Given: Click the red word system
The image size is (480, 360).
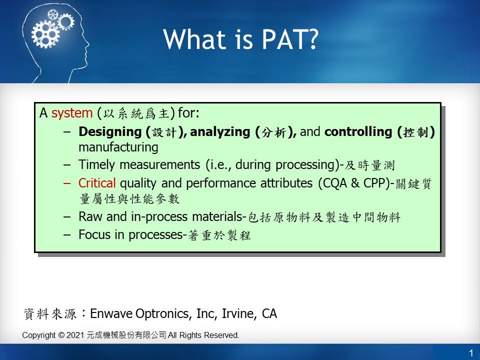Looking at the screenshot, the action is (72, 113).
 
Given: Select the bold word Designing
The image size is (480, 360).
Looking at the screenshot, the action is (110, 132).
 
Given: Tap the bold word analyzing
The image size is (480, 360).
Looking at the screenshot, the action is (220, 132).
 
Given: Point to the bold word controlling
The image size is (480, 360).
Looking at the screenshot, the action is (358, 131).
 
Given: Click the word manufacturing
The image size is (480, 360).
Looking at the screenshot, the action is (118, 147).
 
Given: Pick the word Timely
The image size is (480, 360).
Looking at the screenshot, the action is (97, 165).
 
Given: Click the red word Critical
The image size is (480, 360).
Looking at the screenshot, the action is (96, 183).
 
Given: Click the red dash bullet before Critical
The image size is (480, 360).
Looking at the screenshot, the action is (67, 183).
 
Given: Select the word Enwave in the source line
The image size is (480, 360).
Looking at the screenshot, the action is (111, 313).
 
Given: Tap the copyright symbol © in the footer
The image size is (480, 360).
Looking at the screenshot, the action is (61, 335).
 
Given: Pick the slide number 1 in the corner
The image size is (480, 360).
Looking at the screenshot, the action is (471, 353).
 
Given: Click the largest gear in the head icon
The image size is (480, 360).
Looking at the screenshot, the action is (45, 34).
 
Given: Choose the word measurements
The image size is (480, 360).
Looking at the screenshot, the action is (159, 165).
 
